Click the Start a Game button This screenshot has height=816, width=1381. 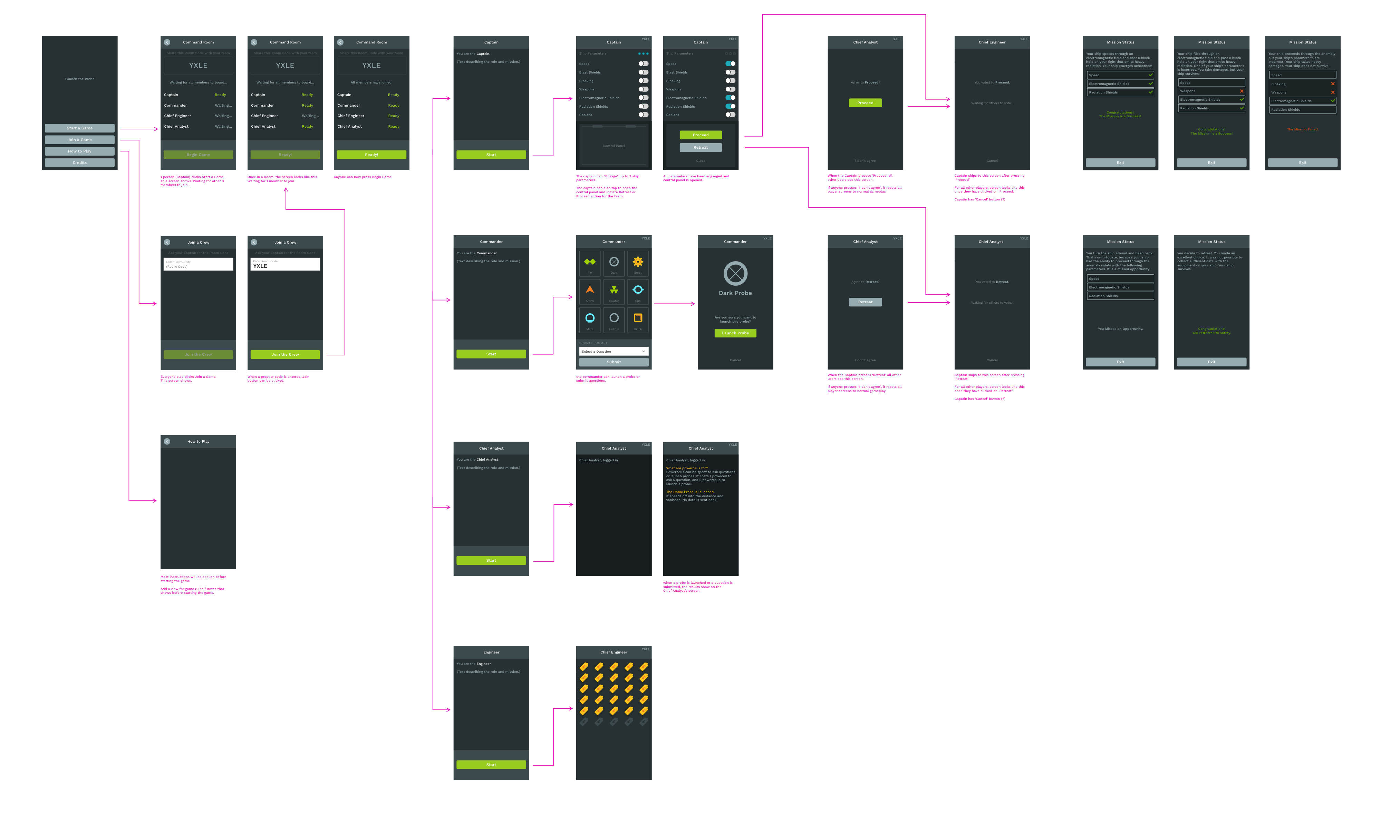[80, 128]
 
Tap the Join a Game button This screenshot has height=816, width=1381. [80, 140]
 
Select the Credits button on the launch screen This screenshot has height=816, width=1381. [80, 163]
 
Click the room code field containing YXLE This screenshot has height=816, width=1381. [285, 265]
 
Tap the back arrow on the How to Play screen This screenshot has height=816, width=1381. [167, 442]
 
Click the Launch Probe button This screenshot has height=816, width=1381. [735, 333]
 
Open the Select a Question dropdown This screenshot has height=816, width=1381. [614, 351]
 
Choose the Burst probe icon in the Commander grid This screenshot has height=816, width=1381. [638, 262]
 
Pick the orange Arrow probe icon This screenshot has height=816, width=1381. [590, 290]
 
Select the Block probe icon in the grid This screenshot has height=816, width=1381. [638, 318]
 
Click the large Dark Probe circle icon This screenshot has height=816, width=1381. [735, 273]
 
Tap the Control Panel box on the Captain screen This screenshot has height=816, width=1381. [614, 146]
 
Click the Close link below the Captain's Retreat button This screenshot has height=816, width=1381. [701, 160]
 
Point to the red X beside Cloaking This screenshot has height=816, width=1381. [1333, 84]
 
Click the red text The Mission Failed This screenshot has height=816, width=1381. [1302, 129]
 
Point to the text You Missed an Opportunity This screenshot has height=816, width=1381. [1120, 329]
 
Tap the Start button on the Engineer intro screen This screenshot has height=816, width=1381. [491, 765]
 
